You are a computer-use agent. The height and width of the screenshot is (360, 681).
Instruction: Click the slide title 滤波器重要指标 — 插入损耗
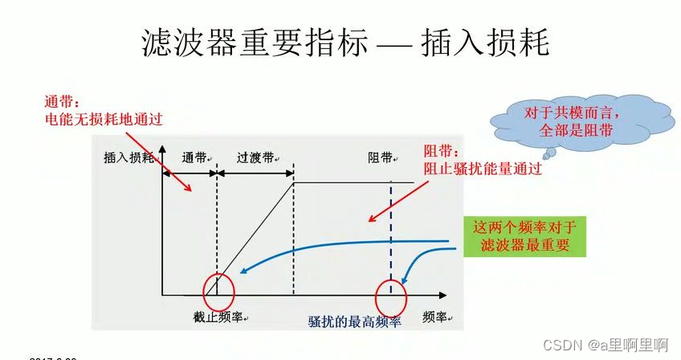pyautogui.click(x=345, y=43)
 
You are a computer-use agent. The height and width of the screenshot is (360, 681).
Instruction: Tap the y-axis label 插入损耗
pyautogui.click(x=128, y=158)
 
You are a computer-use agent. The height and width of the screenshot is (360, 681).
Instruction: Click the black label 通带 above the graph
pyautogui.click(x=195, y=158)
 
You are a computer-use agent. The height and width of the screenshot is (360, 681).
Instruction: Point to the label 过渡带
pyautogui.click(x=256, y=158)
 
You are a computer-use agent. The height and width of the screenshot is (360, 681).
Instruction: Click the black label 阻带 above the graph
pyautogui.click(x=381, y=158)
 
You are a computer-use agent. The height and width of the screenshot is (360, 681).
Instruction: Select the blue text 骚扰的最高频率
pyautogui.click(x=354, y=321)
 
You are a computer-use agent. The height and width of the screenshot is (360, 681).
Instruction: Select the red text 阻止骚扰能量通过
pyautogui.click(x=482, y=169)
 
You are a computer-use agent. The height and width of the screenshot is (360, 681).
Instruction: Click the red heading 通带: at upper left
pyautogui.click(x=63, y=103)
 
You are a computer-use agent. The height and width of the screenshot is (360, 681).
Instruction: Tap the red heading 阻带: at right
pyautogui.click(x=442, y=151)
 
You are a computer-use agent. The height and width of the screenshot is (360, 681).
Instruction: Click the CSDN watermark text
pyautogui.click(x=606, y=345)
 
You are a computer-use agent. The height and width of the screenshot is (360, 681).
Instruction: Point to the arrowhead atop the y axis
pyautogui.click(x=163, y=150)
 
